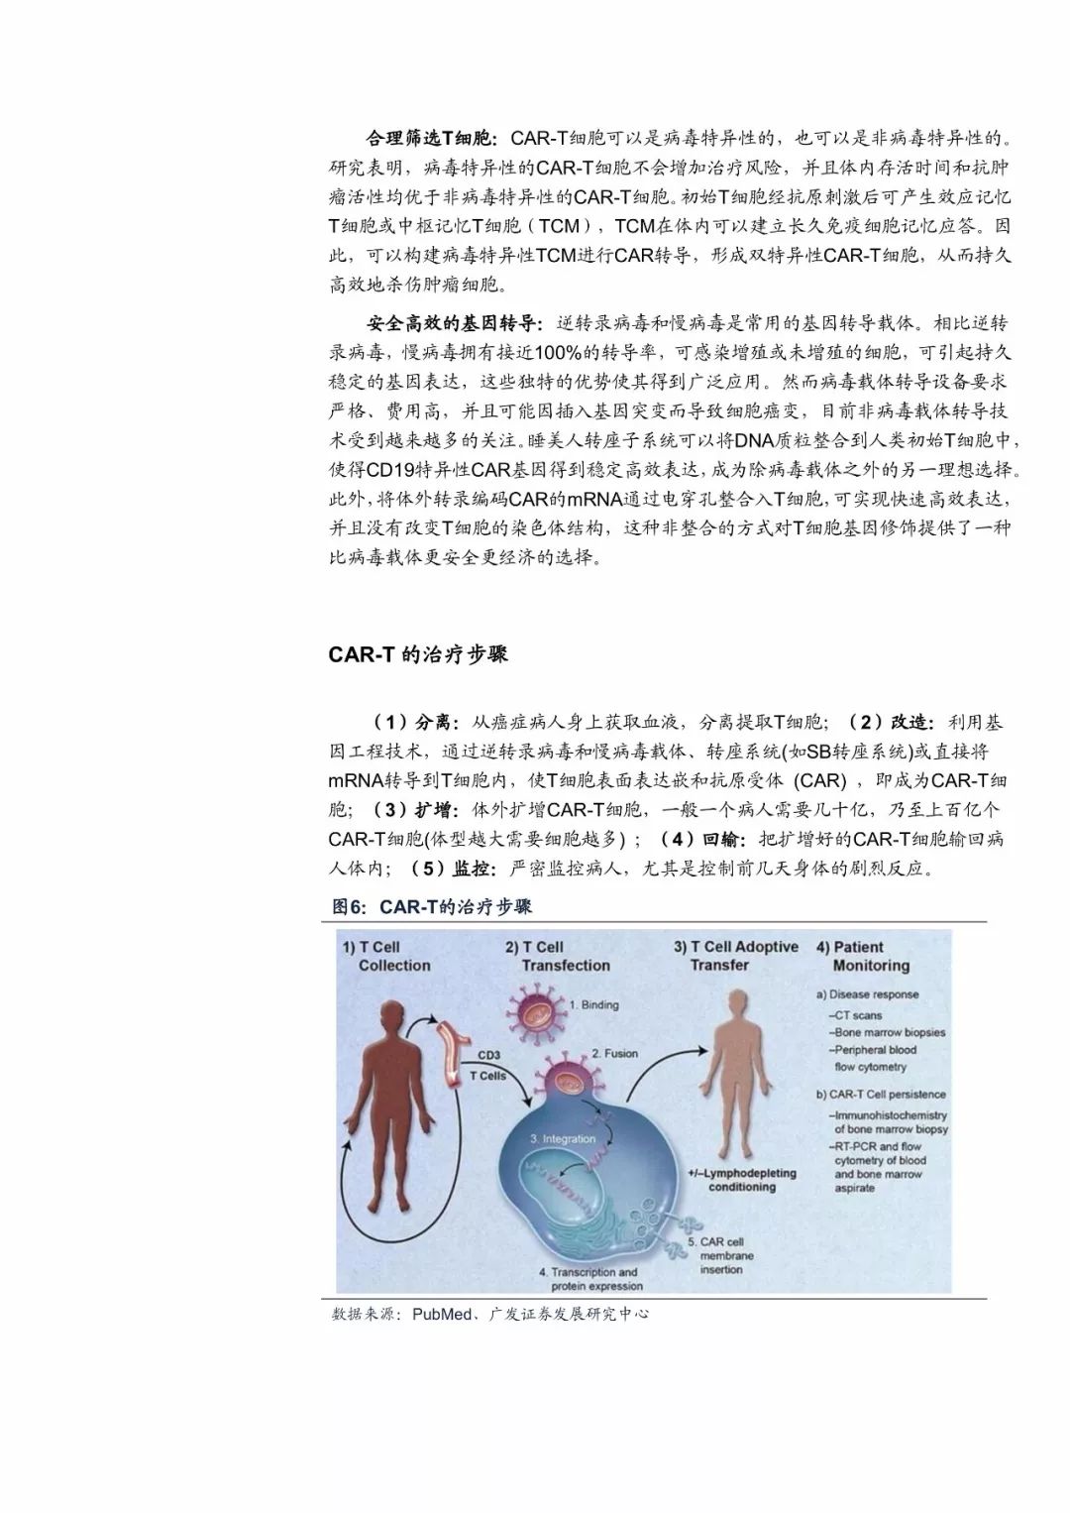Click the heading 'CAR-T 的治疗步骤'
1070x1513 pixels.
[x=417, y=654]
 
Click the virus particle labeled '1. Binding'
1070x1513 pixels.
[x=541, y=1010]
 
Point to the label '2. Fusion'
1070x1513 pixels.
[x=614, y=1053]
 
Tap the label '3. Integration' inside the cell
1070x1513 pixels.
[x=562, y=1139]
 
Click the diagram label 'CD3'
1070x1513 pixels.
[x=488, y=1057]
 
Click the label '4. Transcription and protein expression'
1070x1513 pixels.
[x=588, y=1279]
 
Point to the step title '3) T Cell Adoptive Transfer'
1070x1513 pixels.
[x=735, y=956]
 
